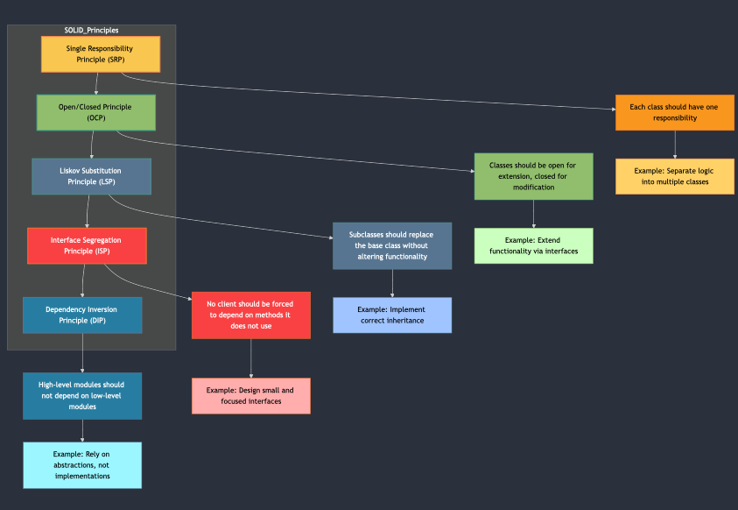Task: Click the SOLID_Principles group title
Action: [x=92, y=30]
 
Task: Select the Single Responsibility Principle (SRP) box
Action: [x=101, y=54]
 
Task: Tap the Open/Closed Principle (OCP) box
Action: [x=96, y=112]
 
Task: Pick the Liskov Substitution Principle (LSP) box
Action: [x=92, y=176]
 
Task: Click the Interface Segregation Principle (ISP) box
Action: [x=87, y=245]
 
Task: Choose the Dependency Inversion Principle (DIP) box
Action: [x=82, y=315]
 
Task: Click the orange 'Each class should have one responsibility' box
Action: [x=674, y=112]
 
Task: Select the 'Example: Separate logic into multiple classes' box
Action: [x=674, y=176]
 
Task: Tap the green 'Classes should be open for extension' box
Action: [x=533, y=176]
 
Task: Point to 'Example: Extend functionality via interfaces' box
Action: [x=533, y=245]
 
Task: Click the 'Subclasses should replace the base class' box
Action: [x=392, y=245]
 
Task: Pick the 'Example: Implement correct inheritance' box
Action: [x=392, y=315]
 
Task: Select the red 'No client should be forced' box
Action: [x=251, y=315]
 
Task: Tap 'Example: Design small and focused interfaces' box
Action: [x=251, y=395]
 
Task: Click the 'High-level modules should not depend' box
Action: [x=82, y=395]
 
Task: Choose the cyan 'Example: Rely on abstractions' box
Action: [x=82, y=464]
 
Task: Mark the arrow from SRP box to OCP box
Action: [x=96, y=83]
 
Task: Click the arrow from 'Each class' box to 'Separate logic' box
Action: [x=674, y=145]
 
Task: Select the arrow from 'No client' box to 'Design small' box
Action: [x=251, y=358]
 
